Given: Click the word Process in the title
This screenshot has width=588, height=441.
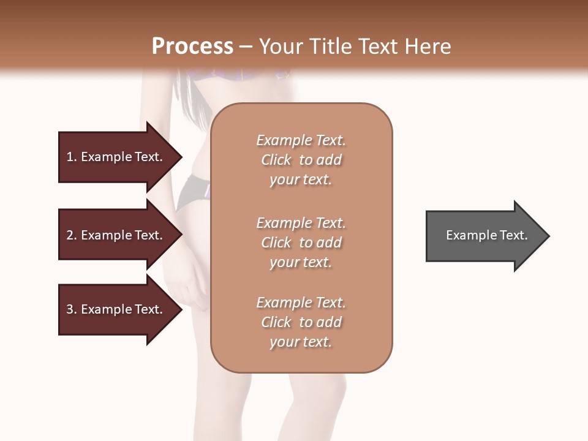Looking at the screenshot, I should [192, 47].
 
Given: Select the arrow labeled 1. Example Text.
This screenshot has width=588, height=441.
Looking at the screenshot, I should [116, 157].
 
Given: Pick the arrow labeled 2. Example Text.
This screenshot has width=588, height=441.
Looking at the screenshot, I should [116, 235].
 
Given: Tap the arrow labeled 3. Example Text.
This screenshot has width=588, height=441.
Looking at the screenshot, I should [116, 309].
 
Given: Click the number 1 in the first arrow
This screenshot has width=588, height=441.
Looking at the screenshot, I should [70, 157].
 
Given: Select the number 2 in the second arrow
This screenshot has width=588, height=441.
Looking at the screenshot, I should [70, 235].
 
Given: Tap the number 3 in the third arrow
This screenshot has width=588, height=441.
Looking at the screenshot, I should [70, 309].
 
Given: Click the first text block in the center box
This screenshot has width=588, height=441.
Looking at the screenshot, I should [301, 160].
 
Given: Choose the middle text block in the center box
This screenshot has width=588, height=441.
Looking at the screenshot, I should [301, 242].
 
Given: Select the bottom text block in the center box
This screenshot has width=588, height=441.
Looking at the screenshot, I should [301, 322].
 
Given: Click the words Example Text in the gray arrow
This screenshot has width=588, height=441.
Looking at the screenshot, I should [487, 235].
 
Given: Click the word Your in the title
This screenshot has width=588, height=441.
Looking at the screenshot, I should [281, 47].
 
